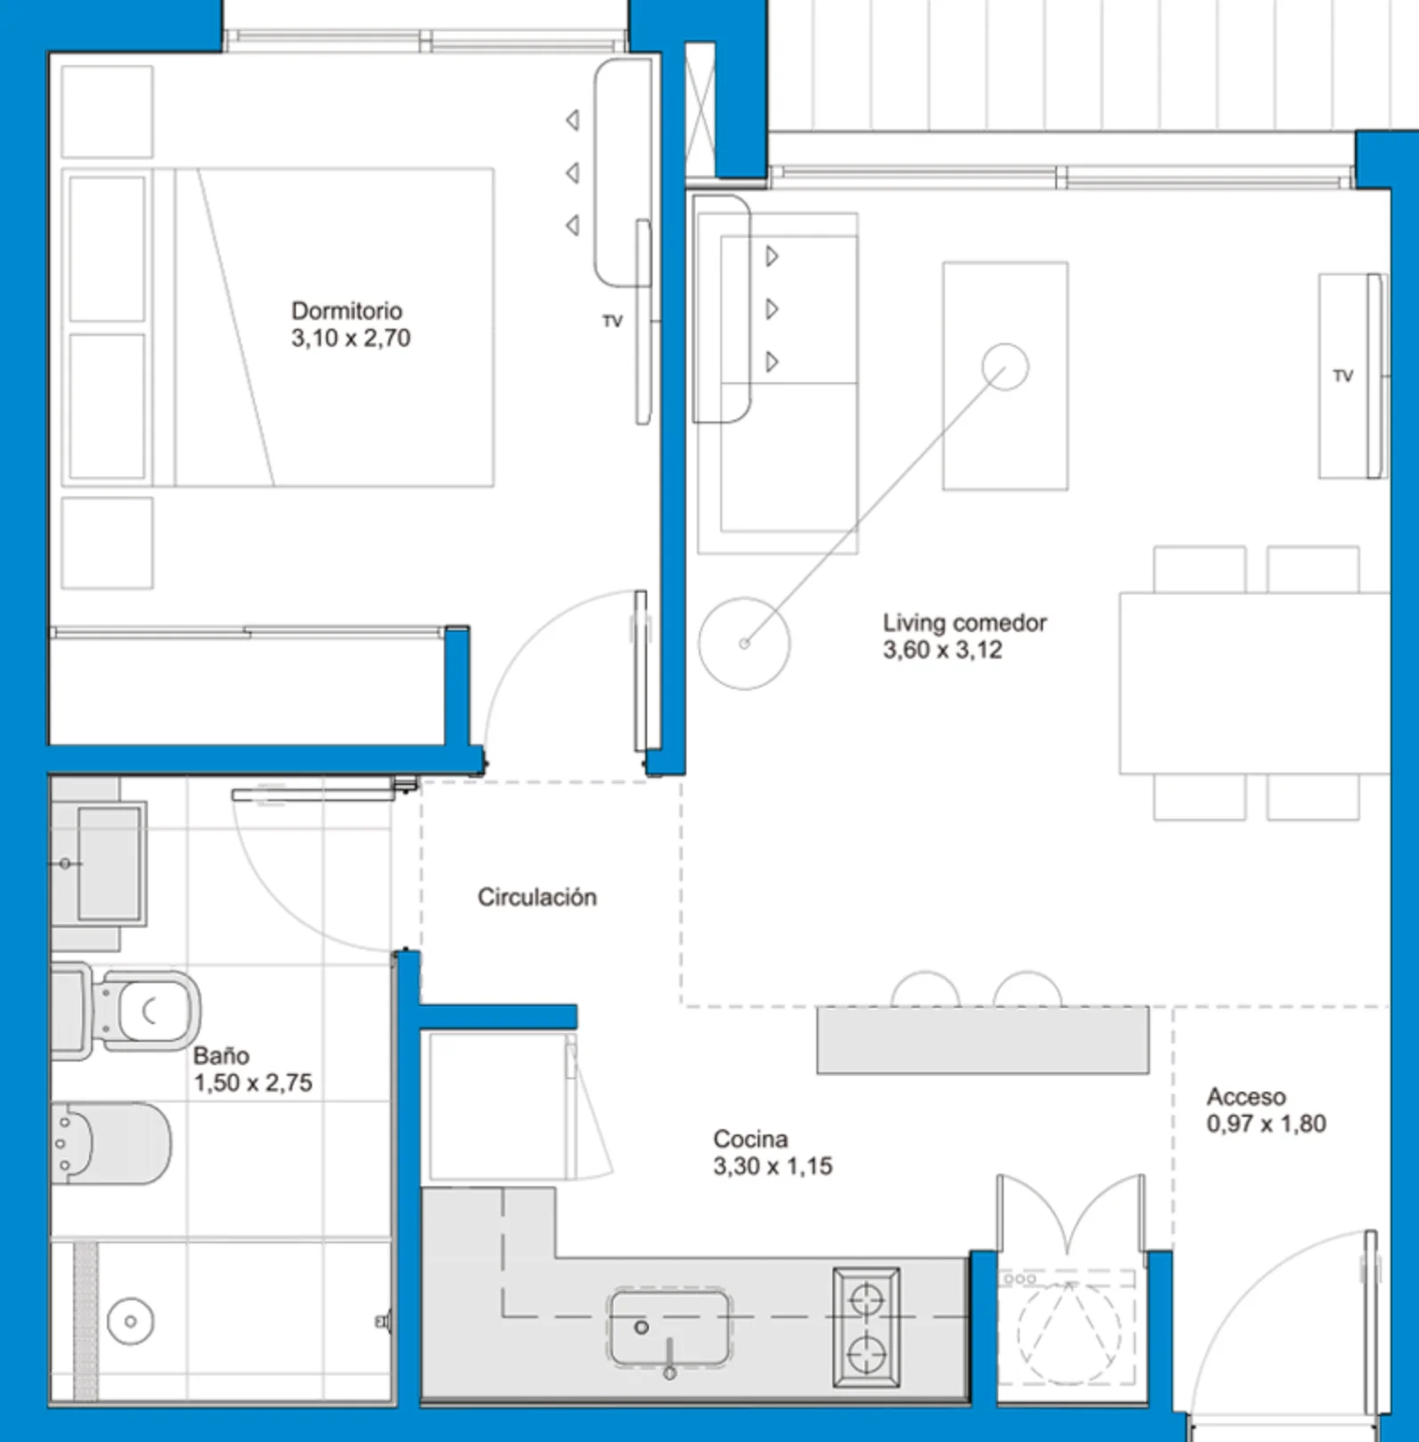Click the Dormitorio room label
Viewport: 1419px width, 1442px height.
click(x=347, y=311)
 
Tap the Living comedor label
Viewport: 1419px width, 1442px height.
click(x=964, y=623)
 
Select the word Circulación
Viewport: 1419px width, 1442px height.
click(x=537, y=897)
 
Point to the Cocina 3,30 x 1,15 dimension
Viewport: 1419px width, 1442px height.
click(x=773, y=1167)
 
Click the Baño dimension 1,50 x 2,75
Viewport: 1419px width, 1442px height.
click(x=253, y=1083)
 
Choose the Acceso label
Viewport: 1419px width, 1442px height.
click(x=1246, y=1097)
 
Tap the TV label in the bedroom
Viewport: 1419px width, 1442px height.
click(x=612, y=322)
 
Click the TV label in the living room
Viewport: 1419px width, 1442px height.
click(x=1343, y=376)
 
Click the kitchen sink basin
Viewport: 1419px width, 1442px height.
click(x=669, y=1328)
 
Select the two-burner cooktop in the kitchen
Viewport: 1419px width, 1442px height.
click(x=865, y=1327)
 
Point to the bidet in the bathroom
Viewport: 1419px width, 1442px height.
click(x=111, y=1143)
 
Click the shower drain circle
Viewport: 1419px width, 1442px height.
click(x=130, y=1321)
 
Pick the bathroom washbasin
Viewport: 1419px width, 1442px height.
click(x=99, y=864)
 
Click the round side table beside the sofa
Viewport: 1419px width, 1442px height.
click(x=744, y=643)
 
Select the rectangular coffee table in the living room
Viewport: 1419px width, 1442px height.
click(x=1005, y=375)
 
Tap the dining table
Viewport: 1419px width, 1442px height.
click(x=1254, y=683)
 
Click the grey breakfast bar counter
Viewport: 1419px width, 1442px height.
click(x=983, y=1040)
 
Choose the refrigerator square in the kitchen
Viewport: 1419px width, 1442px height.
click(x=498, y=1106)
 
